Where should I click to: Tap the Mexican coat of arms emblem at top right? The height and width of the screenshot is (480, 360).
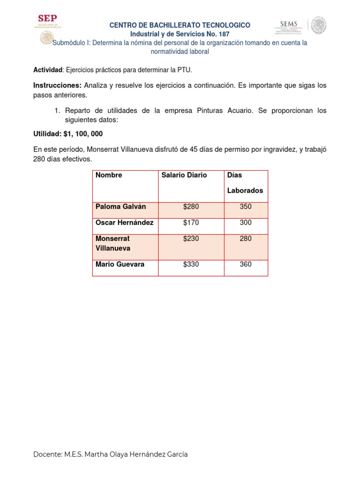(319, 25)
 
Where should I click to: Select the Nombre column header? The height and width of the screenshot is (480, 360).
(109, 175)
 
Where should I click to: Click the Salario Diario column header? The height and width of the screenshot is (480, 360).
(184, 175)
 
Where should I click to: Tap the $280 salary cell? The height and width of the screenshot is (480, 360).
(191, 207)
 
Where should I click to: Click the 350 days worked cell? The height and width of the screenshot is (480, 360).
(246, 207)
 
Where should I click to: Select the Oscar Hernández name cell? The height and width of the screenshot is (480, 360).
(124, 223)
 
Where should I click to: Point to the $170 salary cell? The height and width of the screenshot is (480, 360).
(191, 223)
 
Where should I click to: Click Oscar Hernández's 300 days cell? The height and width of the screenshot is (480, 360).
(246, 223)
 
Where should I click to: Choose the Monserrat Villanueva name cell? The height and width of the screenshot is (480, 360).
(113, 243)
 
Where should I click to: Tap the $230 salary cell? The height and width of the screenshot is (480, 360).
(191, 239)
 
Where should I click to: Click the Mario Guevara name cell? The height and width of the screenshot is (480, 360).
(120, 264)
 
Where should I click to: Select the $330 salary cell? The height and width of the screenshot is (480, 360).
(191, 264)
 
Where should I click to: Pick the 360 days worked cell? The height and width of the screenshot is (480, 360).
(246, 264)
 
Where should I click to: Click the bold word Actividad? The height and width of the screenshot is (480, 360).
(47, 70)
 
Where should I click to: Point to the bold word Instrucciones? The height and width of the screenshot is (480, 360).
(57, 85)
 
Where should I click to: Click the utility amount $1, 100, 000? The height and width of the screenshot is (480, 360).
(83, 134)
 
